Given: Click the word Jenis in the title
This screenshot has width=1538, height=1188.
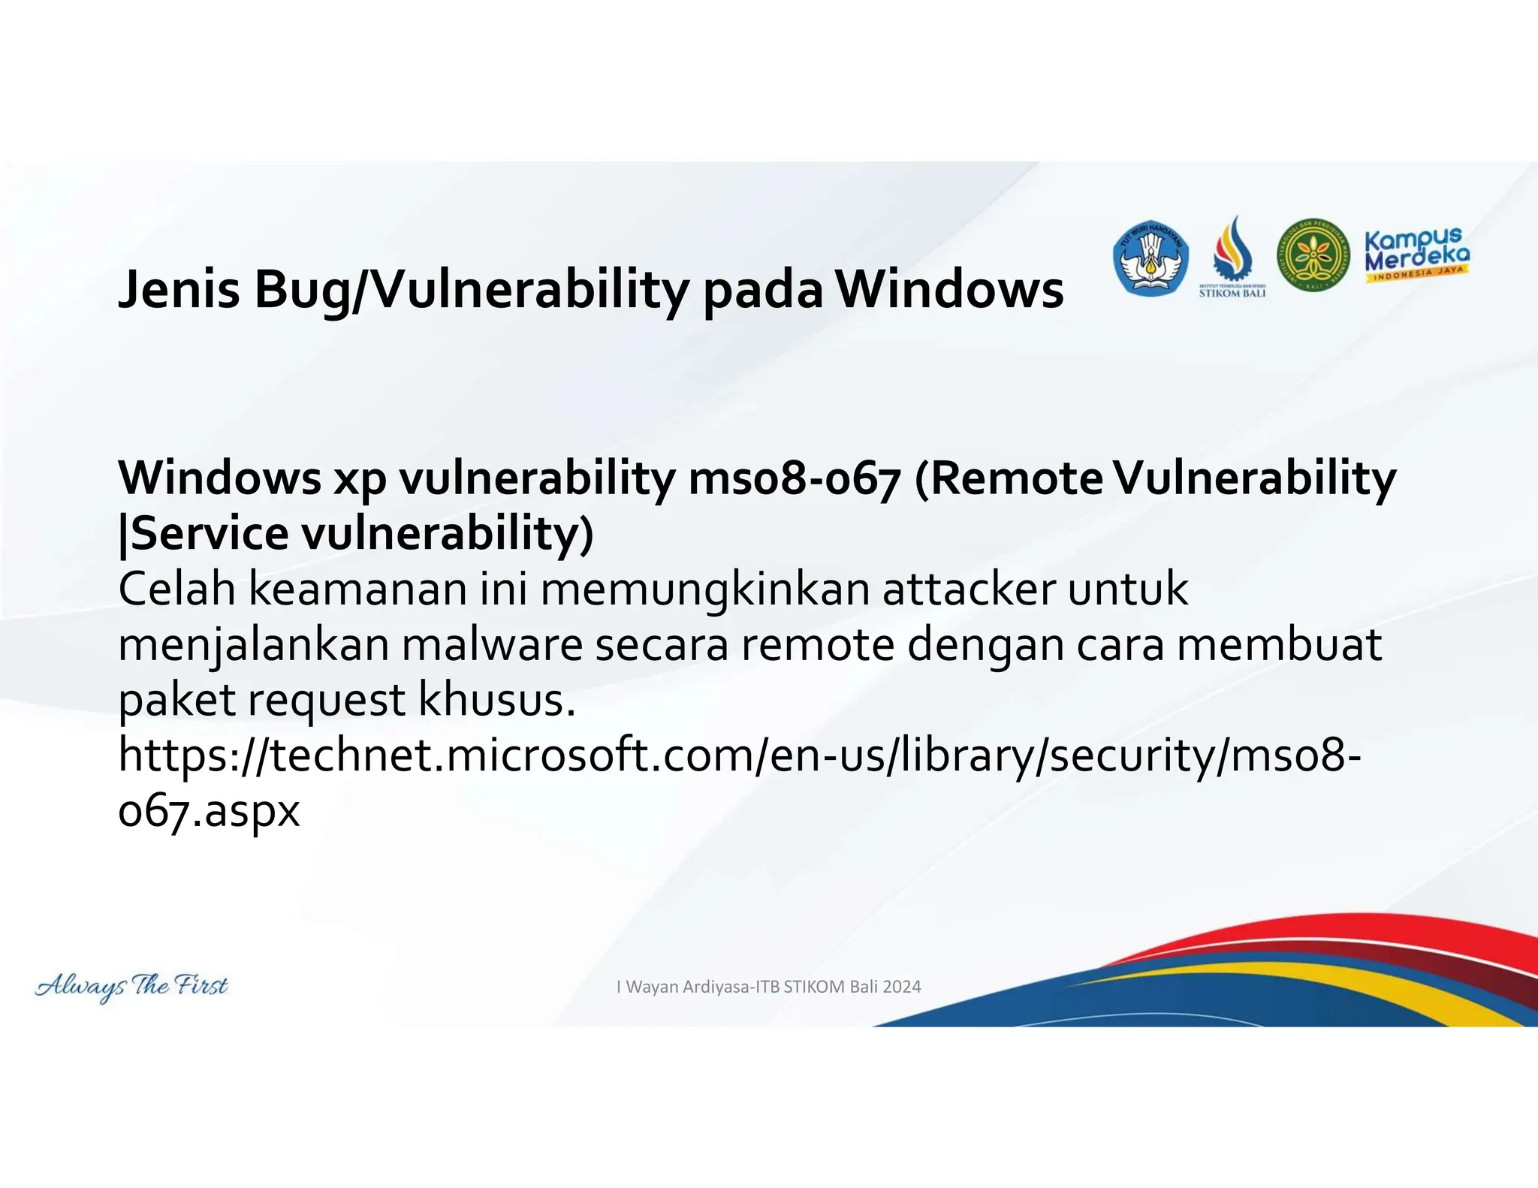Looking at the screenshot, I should coord(179,290).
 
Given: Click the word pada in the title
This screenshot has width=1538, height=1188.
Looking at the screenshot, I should coord(762,290).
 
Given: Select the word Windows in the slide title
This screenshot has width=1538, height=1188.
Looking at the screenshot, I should coord(949,290).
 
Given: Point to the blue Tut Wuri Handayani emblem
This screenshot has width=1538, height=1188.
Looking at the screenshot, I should coord(1150,258).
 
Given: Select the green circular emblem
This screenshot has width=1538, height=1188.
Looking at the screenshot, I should coord(1313,256).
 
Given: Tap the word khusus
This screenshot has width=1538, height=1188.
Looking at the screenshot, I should coord(496,700).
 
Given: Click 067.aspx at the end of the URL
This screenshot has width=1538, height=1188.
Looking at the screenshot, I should coord(209,812).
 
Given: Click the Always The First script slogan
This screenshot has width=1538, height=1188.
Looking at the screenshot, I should coord(131,986).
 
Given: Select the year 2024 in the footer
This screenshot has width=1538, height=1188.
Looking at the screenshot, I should coord(901,987).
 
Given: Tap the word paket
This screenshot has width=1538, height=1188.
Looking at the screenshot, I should coord(177,701).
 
